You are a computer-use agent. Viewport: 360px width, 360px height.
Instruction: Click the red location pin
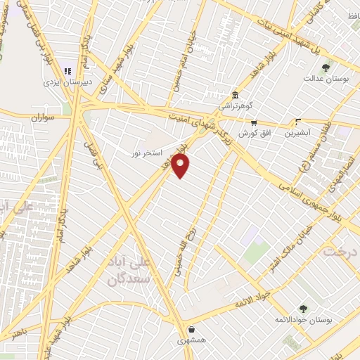click(x=181, y=165)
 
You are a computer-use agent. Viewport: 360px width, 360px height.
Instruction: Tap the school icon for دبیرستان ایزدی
click(x=68, y=70)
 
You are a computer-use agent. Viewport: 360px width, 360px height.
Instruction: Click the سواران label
click(x=41, y=117)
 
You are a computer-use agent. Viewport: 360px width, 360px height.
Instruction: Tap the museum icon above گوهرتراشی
click(x=235, y=95)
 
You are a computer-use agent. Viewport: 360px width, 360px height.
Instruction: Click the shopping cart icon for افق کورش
click(x=243, y=122)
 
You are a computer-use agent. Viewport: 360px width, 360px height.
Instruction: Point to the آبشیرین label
click(x=299, y=132)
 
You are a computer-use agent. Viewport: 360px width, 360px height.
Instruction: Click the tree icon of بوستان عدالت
click(x=326, y=68)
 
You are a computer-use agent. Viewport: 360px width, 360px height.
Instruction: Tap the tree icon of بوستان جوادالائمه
click(x=303, y=309)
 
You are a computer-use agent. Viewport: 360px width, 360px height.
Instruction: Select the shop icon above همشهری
click(x=191, y=328)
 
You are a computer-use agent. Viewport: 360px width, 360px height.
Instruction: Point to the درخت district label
click(x=340, y=251)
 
